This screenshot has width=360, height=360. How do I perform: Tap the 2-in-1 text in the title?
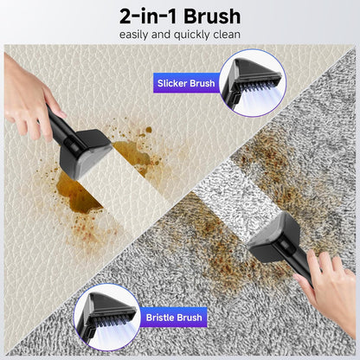tap(148, 16)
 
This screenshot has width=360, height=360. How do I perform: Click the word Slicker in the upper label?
tap(172, 84)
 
